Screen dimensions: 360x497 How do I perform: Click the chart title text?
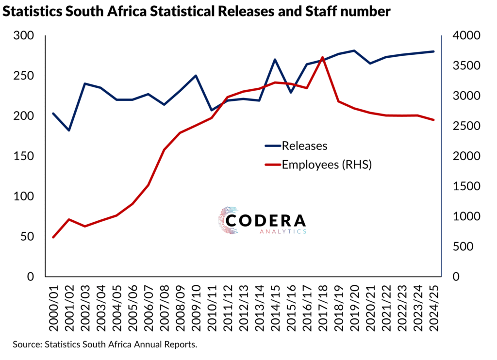(197, 12)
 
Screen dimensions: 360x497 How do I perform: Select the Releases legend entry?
(304, 146)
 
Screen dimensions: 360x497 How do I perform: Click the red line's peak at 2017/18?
(323, 57)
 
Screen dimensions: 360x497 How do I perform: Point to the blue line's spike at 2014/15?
(275, 60)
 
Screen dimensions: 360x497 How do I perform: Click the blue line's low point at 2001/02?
(69, 131)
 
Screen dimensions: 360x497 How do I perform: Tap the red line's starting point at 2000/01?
(53, 237)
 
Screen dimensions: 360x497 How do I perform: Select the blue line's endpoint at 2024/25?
(433, 51)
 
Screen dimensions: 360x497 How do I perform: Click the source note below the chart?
(105, 344)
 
